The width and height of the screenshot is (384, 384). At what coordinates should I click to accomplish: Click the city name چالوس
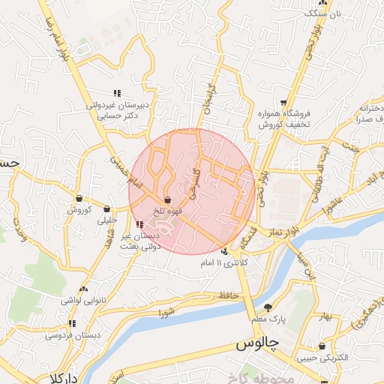click(x=257, y=344)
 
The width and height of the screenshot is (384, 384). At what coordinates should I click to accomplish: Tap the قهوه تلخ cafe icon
click(x=167, y=200)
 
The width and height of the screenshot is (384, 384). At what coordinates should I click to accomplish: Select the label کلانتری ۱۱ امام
click(x=247, y=263)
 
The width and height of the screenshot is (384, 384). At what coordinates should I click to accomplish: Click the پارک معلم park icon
click(x=268, y=307)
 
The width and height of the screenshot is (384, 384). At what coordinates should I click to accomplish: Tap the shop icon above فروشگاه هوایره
click(x=283, y=103)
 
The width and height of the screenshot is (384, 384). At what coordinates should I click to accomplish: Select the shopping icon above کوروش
click(x=79, y=199)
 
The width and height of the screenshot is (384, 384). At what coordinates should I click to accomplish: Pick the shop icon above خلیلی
click(x=106, y=209)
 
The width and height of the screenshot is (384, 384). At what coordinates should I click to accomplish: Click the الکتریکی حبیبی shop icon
click(x=322, y=346)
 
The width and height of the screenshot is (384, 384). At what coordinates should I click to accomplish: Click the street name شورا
click(x=166, y=312)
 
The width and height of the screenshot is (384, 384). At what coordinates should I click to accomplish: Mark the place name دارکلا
click(x=61, y=377)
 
